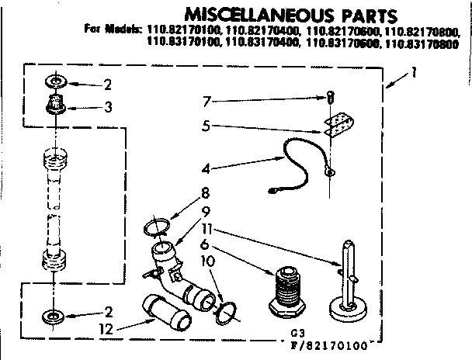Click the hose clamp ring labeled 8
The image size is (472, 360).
click(x=156, y=227)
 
